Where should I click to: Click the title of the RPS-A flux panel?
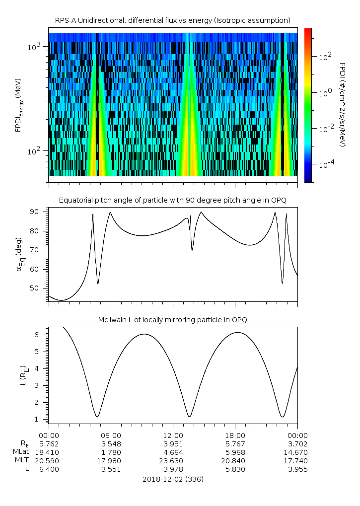(172, 20)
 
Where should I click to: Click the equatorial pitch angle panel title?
(172, 200)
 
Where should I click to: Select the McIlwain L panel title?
(172, 319)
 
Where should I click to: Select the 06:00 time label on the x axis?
(111, 435)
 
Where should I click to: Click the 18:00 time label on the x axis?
(235, 435)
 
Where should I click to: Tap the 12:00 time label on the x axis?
(173, 435)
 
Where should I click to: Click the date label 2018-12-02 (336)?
(173, 479)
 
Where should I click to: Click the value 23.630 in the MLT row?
(173, 461)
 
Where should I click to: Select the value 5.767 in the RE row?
(235, 443)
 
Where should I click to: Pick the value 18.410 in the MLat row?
(49, 452)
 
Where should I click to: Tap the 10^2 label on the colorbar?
(325, 56)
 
